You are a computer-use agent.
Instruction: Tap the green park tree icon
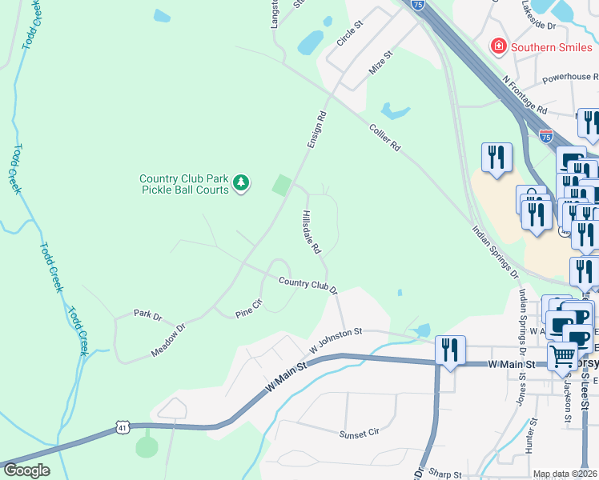pos(241,184)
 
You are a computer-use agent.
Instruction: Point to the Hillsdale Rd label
pos(312,233)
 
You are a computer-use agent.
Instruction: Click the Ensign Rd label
pos(317,129)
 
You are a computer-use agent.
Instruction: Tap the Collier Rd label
pos(384,138)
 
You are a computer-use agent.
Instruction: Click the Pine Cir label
pos(249,309)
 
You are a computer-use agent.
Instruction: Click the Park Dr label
pos(148,314)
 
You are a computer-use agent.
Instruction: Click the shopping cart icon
pos(564,354)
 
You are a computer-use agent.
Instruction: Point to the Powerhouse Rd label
pos(570,78)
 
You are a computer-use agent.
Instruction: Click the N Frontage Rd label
pos(525,95)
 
